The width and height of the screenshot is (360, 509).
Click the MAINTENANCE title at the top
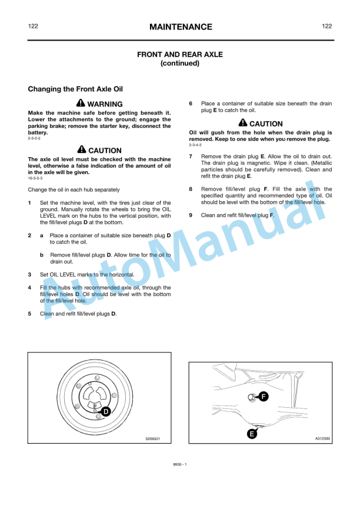coord(180,27)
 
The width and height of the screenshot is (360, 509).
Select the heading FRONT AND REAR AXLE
coord(180,54)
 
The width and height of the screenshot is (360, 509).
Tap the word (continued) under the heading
coord(180,64)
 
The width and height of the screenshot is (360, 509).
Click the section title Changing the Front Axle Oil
coord(75,89)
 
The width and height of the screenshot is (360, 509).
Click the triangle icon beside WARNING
coord(81,104)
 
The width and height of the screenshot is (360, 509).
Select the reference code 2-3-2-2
coord(34,138)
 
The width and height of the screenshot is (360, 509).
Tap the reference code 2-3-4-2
coord(195,145)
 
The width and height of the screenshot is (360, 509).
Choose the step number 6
coord(191,104)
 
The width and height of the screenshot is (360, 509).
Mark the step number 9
coord(191,215)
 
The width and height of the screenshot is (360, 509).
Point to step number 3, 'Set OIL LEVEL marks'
coord(30,275)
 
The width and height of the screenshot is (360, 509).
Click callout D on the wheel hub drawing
coord(106,411)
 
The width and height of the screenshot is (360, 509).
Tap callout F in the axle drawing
coord(264,397)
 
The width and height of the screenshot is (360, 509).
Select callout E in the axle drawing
coord(252,434)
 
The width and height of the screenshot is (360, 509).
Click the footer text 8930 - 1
coord(179,465)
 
